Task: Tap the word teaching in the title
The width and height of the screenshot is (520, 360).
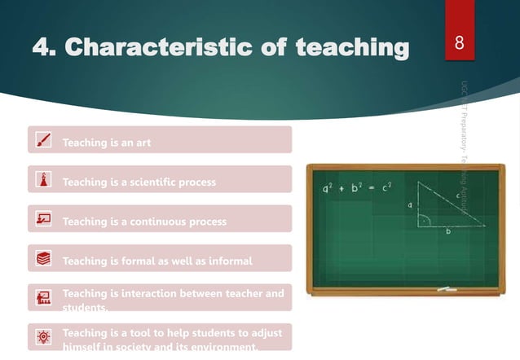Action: click(352, 49)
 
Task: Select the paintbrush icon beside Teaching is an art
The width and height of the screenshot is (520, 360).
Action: click(44, 141)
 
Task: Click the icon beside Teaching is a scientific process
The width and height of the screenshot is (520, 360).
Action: click(44, 180)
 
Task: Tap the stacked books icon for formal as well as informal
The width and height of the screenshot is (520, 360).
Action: click(44, 259)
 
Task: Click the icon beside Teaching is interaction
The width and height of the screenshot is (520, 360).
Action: click(44, 298)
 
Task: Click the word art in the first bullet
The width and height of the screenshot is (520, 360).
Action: click(142, 143)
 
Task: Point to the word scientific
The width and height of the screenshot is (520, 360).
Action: click(152, 182)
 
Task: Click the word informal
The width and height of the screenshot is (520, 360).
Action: click(228, 261)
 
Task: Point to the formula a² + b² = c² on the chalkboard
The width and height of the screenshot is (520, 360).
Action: click(357, 187)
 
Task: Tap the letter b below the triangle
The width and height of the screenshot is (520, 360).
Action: click(447, 231)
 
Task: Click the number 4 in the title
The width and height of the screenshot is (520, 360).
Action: click(40, 49)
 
